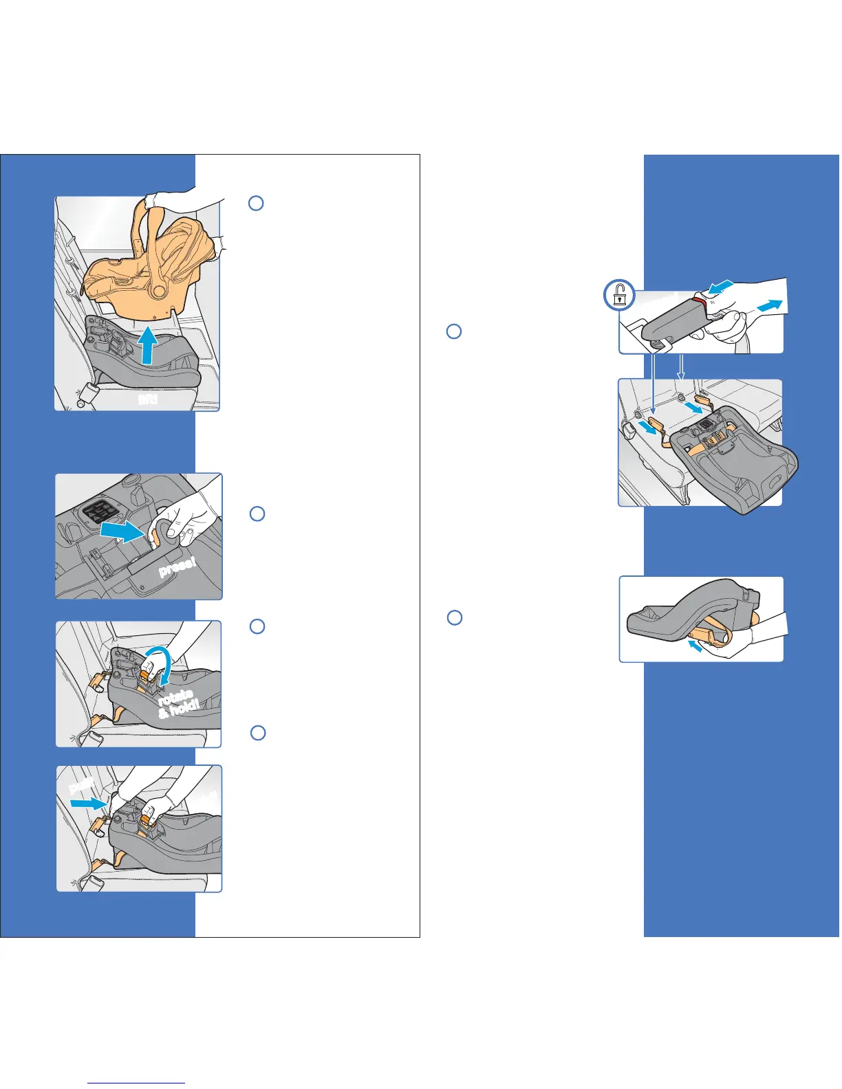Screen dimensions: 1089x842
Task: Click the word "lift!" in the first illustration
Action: pyautogui.click(x=147, y=399)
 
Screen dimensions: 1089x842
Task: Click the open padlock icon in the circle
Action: pyautogui.click(x=620, y=296)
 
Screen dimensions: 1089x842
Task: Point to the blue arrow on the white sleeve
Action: pyautogui.click(x=768, y=305)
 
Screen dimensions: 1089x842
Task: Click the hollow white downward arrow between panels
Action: pyautogui.click(x=680, y=367)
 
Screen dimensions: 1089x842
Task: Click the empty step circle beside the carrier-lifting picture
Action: pyautogui.click(x=256, y=203)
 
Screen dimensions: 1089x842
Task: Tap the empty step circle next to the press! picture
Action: pyautogui.click(x=257, y=514)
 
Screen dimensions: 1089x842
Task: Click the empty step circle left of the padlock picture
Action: pyautogui.click(x=453, y=331)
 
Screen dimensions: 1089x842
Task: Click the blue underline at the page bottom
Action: pyautogui.click(x=136, y=1083)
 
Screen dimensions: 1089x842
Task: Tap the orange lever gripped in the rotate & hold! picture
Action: pyautogui.click(x=147, y=676)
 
